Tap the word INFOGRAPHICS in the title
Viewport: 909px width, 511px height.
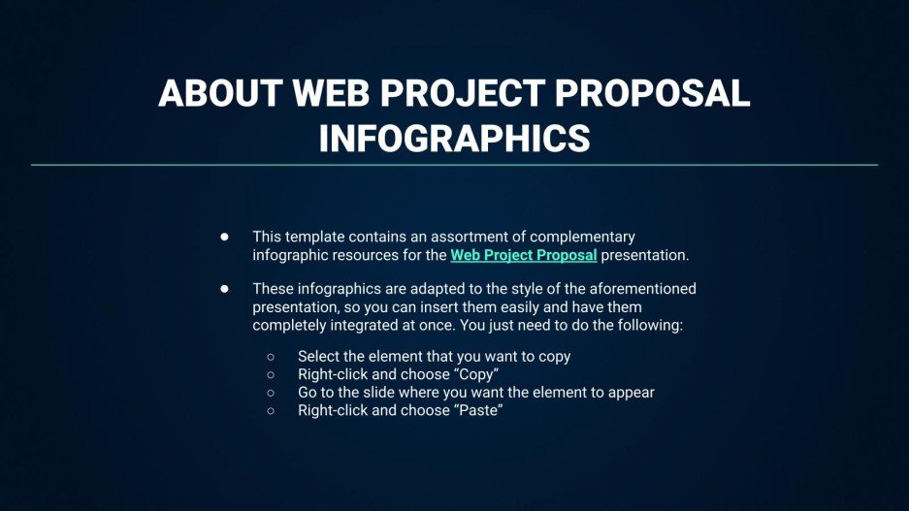(x=454, y=138)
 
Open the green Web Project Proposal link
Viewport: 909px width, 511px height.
(x=523, y=256)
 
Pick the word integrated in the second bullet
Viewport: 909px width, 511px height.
(x=372, y=326)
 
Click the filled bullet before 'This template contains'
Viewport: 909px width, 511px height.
(x=224, y=237)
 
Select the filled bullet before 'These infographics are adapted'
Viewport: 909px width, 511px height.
(x=224, y=289)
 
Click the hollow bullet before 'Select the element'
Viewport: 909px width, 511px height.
(x=271, y=357)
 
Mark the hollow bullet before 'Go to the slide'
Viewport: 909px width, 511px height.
(x=271, y=393)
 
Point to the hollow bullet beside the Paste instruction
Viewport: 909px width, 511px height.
(x=271, y=410)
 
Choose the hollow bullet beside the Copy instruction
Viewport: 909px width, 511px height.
(x=271, y=374)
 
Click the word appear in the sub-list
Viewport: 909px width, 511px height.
(x=631, y=393)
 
